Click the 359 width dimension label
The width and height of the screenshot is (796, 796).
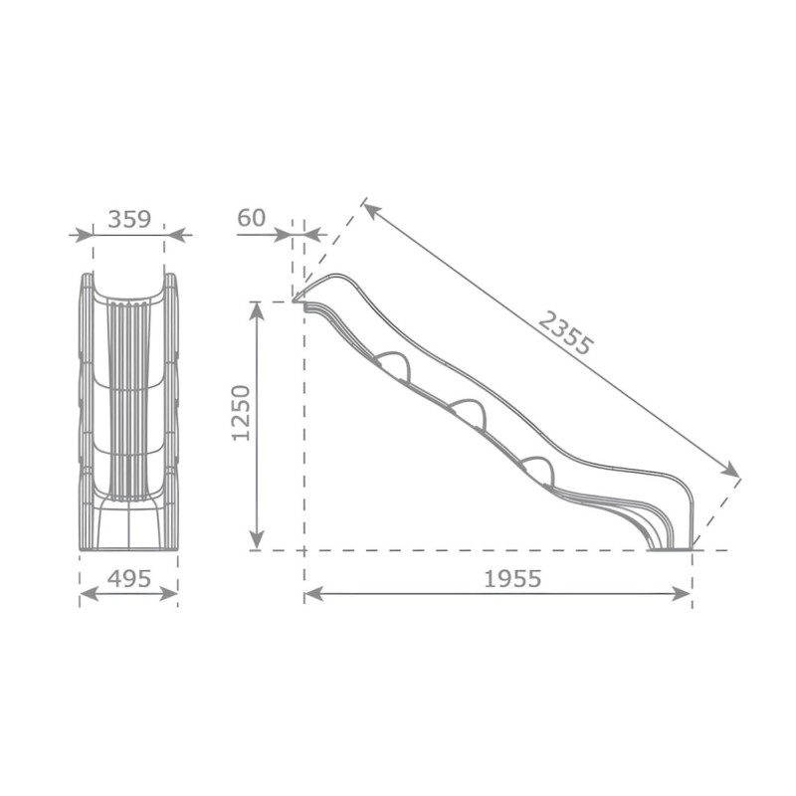coord(129,219)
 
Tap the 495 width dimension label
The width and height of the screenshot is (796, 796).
coord(129,578)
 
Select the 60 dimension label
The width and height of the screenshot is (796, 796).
coord(252,218)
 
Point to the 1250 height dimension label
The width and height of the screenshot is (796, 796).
coord(241,413)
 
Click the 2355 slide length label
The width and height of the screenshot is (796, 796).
coord(565,333)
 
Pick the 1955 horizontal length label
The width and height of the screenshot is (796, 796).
coord(512,578)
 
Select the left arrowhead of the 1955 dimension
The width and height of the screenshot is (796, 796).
coord(313,593)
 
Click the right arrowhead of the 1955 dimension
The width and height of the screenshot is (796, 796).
coord(683,593)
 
